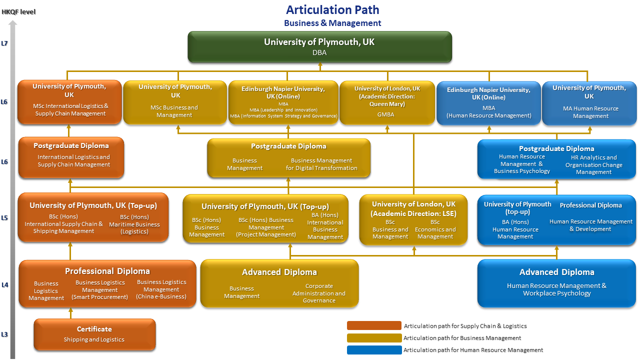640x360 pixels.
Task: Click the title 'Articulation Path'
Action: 332,9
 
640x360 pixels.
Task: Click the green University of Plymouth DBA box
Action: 319,47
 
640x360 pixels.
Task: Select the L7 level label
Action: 4,43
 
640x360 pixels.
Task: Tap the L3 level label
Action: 4,334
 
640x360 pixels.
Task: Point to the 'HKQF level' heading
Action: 18,11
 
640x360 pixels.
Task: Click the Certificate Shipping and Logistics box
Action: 94,334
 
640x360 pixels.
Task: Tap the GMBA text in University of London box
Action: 385,114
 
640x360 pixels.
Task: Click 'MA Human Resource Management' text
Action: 590,112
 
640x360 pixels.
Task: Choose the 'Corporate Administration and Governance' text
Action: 319,293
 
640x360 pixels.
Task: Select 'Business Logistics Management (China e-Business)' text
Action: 161,289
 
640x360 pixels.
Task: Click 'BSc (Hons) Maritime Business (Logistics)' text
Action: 134,224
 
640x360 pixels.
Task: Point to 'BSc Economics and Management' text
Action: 435,229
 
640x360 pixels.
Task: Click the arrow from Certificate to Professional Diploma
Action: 70,313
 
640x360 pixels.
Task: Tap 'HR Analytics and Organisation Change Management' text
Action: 593,164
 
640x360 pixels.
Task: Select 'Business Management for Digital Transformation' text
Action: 321,164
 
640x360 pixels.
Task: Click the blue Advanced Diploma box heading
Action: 556,272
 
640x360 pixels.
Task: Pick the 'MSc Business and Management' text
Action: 174,111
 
